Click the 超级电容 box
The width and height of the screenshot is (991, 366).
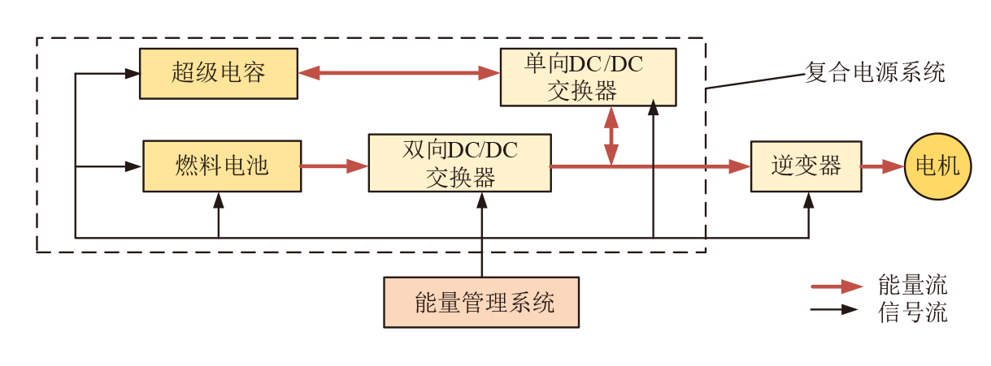click(218, 74)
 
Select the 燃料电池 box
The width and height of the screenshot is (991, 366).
click(222, 166)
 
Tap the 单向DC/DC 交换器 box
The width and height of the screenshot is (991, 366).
click(588, 77)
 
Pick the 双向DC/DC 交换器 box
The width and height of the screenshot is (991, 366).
click(459, 163)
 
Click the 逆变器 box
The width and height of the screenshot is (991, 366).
click(806, 166)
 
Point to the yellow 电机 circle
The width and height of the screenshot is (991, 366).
click(938, 166)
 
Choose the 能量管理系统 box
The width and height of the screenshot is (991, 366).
click(481, 303)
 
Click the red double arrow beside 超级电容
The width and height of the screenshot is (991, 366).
click(398, 73)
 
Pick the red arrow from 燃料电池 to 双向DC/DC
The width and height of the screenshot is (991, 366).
click(334, 166)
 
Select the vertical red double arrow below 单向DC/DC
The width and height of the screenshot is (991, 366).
click(611, 136)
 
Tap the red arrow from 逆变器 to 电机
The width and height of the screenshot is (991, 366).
click(883, 166)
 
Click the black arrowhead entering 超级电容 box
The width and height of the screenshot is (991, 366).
click(133, 73)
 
